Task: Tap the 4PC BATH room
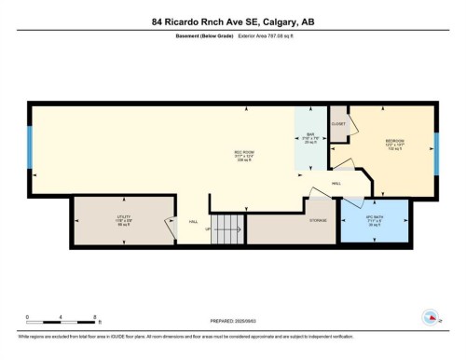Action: pyautogui.click(x=375, y=223)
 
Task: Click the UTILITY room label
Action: pyautogui.click(x=123, y=220)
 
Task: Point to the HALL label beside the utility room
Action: pyautogui.click(x=194, y=221)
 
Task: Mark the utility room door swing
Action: pyautogui.click(x=170, y=228)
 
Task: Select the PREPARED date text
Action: pyautogui.click(x=233, y=319)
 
